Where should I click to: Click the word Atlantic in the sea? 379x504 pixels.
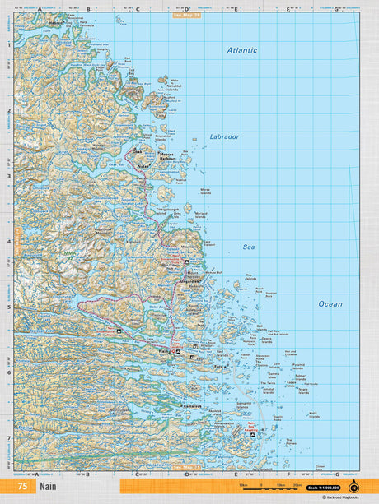(x=242, y=50)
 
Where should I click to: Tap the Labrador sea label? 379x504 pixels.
(x=223, y=136)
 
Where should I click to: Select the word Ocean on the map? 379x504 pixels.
(x=330, y=303)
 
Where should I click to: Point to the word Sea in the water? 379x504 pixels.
(x=248, y=246)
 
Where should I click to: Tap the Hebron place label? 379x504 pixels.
(x=55, y=24)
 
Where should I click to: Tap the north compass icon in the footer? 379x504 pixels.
(x=353, y=486)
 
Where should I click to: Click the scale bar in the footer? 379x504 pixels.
(x=264, y=487)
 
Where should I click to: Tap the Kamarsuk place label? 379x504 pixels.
(x=192, y=406)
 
